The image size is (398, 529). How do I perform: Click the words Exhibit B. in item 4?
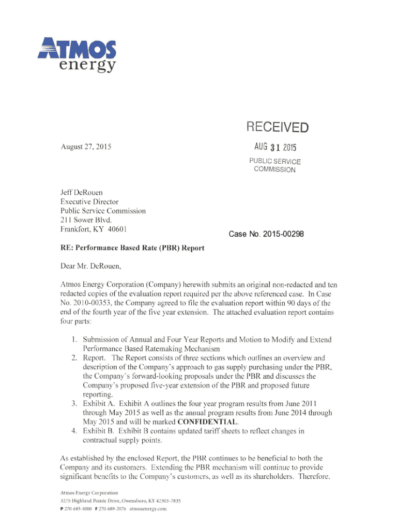(x=102, y=431)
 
